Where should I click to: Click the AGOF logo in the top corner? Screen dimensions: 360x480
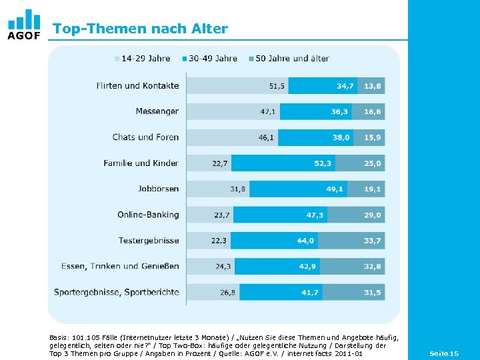point(23,25)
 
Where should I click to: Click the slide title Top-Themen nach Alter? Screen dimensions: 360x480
point(140,29)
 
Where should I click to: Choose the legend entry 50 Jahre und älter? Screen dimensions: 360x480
point(288,59)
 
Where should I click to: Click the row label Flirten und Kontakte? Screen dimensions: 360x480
point(137,86)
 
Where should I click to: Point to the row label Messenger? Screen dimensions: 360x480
point(157,111)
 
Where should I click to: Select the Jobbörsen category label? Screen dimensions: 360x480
point(158,189)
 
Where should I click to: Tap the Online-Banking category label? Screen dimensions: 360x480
point(148,215)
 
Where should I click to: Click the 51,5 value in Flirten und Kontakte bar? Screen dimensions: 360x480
point(277,86)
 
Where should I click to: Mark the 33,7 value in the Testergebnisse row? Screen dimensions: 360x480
point(373,241)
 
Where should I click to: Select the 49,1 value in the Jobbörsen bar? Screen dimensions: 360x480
point(335,189)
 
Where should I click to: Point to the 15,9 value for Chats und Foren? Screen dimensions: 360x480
point(373,137)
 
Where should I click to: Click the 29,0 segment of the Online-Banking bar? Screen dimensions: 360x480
point(373,215)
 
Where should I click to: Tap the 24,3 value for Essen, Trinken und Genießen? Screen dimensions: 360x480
point(223,267)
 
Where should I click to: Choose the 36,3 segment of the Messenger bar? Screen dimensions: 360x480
point(340,111)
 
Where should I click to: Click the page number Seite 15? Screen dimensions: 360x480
point(444,353)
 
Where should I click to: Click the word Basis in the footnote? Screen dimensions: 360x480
point(59,338)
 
